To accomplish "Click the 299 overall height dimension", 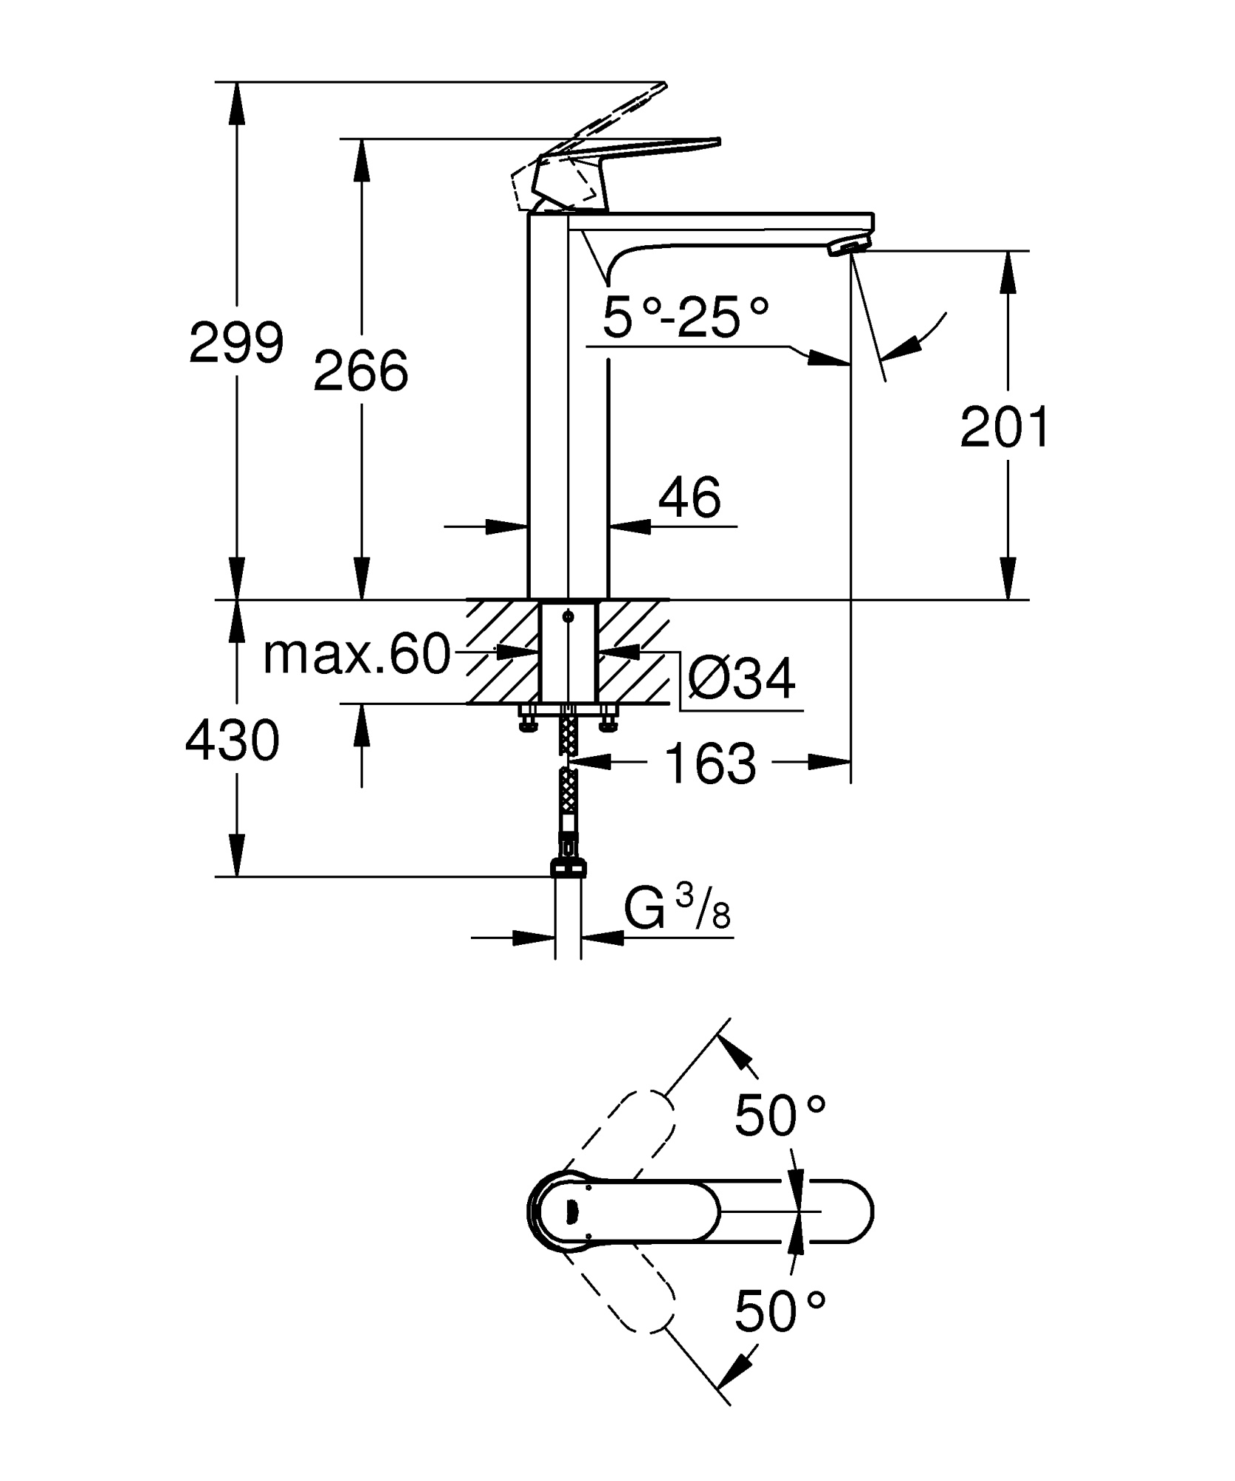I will [236, 343].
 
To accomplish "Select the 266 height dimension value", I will [361, 370].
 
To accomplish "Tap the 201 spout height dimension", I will [1005, 427].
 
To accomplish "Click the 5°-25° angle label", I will [686, 317].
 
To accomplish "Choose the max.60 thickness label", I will [357, 655].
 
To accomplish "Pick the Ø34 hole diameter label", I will [741, 678].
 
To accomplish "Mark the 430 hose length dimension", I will [232, 740].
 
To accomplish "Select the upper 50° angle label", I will [779, 1116].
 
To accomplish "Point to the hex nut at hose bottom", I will [569, 866].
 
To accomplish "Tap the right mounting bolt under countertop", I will [609, 721].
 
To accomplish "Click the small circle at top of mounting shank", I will [568, 616].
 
